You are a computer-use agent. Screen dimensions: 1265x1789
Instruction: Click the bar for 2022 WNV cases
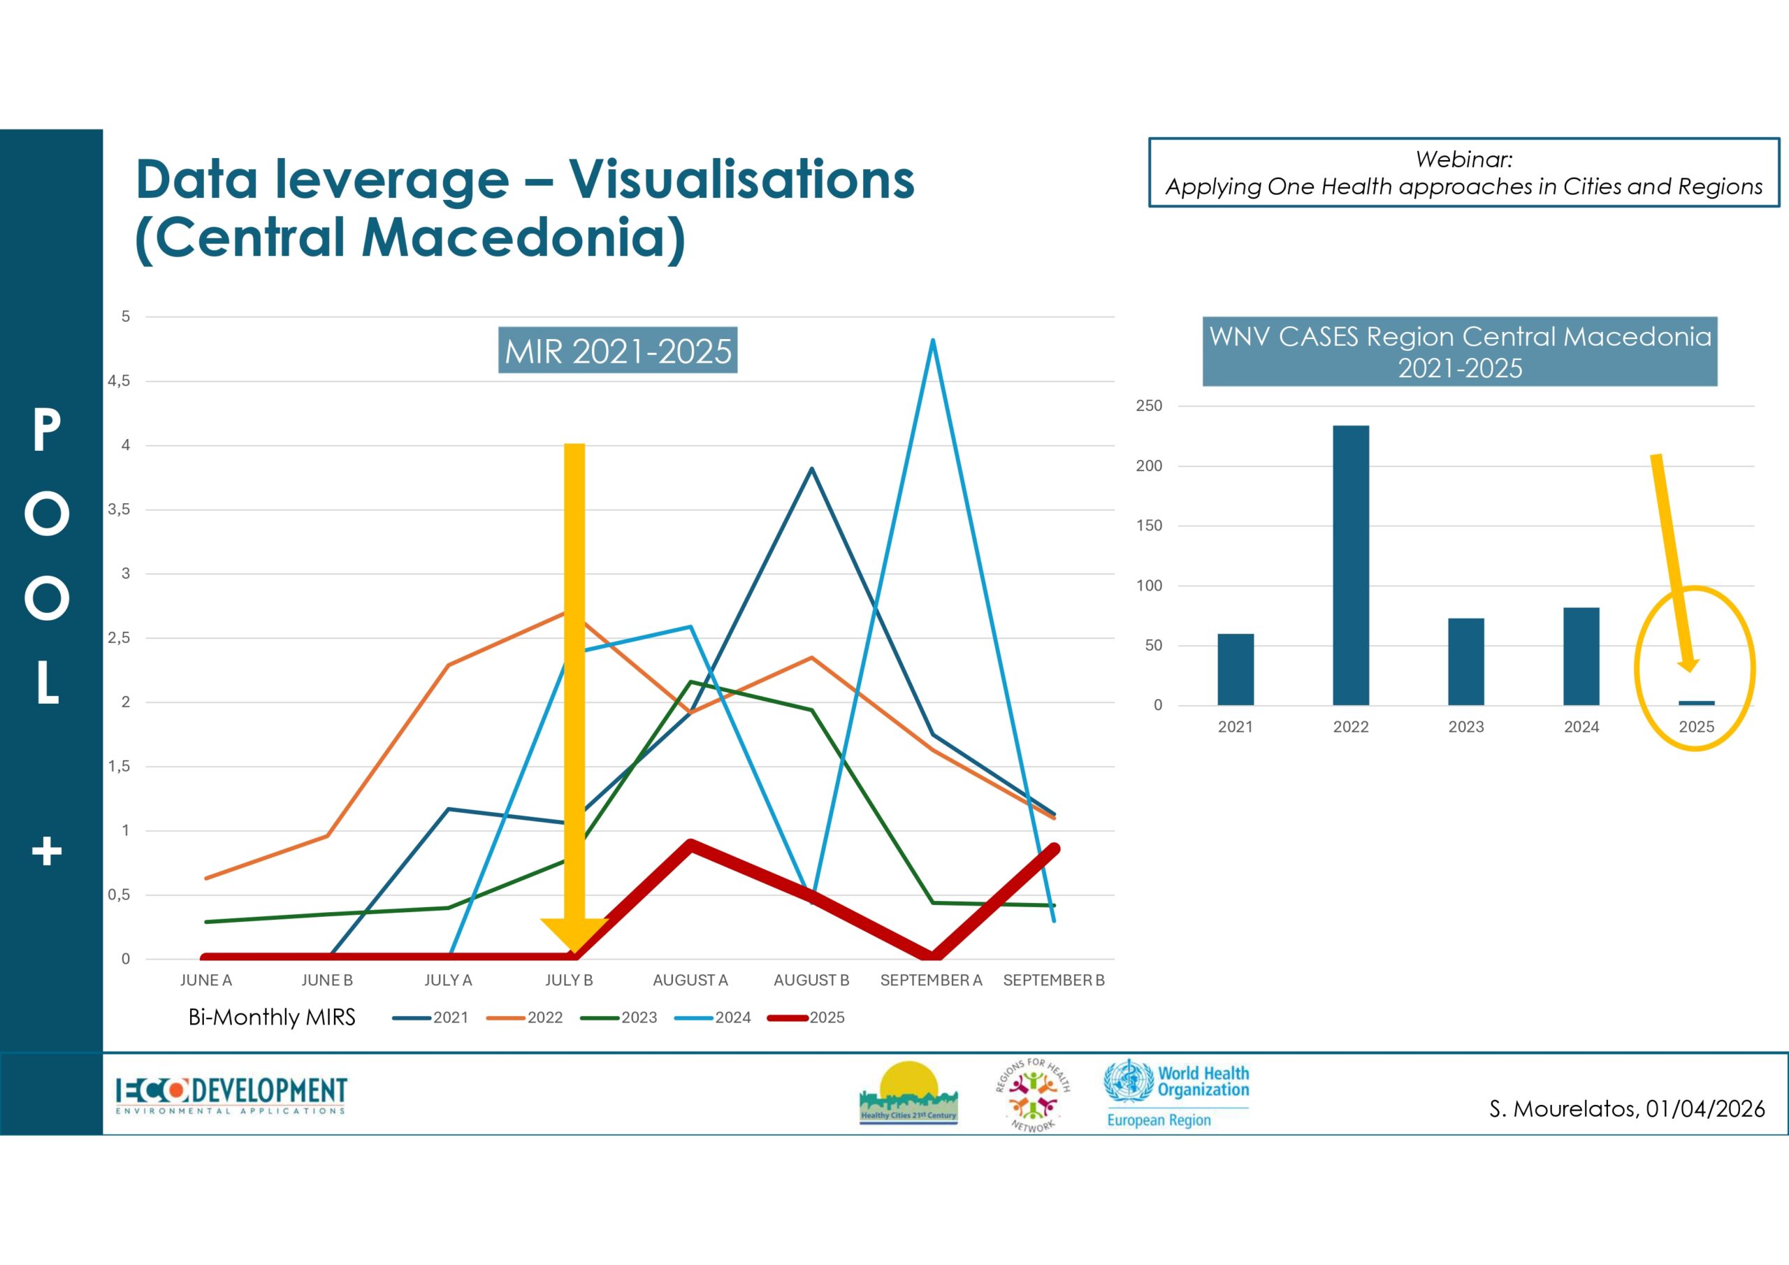tap(1350, 565)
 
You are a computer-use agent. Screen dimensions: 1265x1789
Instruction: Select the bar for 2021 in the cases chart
tap(1236, 670)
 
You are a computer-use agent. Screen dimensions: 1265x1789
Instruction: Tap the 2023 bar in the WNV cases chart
tap(1465, 662)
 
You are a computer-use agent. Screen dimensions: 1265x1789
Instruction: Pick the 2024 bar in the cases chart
tap(1581, 656)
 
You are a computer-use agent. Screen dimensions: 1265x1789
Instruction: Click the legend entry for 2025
tap(806, 1017)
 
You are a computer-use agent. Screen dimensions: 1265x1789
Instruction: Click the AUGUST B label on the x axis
tap(811, 980)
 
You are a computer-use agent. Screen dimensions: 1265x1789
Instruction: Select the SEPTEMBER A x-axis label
tap(931, 980)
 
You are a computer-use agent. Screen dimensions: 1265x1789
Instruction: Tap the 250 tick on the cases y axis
tap(1148, 406)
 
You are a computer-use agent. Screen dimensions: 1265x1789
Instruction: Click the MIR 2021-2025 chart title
tap(618, 351)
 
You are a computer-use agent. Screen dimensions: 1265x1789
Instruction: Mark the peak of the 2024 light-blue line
tap(933, 340)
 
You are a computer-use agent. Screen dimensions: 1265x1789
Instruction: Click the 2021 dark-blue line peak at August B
tap(811, 468)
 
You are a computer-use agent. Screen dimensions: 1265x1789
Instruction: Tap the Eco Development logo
tap(231, 1095)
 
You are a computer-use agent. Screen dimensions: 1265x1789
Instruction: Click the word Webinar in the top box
tap(1463, 160)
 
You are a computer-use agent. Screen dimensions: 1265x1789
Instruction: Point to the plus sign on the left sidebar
tap(47, 851)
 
